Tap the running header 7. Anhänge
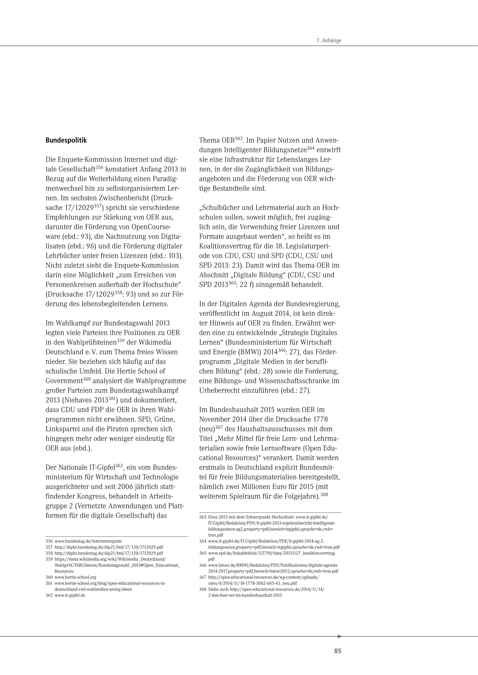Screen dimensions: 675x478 [329, 41]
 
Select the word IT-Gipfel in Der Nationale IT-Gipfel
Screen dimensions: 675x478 [102, 468]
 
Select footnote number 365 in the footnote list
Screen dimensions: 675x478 [203, 553]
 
